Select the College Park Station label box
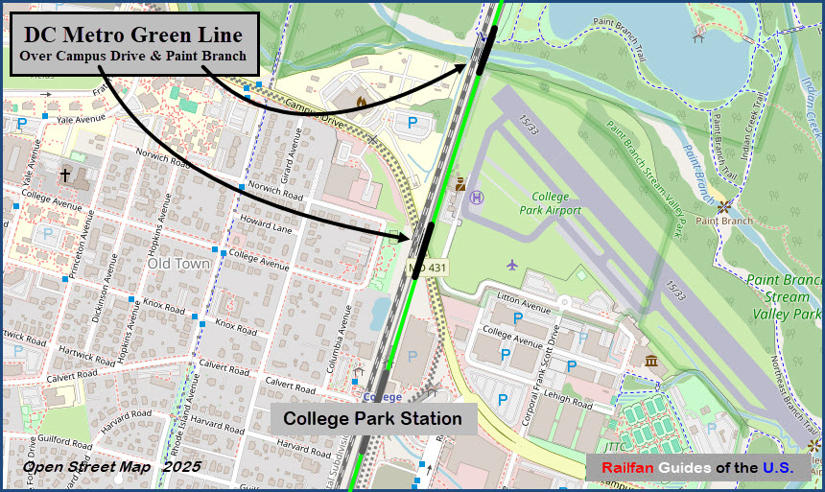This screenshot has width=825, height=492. pyautogui.click(x=372, y=419)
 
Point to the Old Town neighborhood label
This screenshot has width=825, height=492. pyautogui.click(x=178, y=263)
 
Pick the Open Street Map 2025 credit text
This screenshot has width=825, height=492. pyautogui.click(x=111, y=467)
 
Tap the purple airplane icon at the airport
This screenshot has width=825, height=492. pyautogui.click(x=512, y=264)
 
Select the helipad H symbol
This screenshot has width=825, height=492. pyautogui.click(x=478, y=197)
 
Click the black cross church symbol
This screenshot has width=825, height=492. pyautogui.click(x=65, y=175)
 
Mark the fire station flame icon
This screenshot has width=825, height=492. pyautogui.click(x=361, y=101)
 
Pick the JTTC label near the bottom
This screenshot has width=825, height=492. pyautogui.click(x=614, y=446)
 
